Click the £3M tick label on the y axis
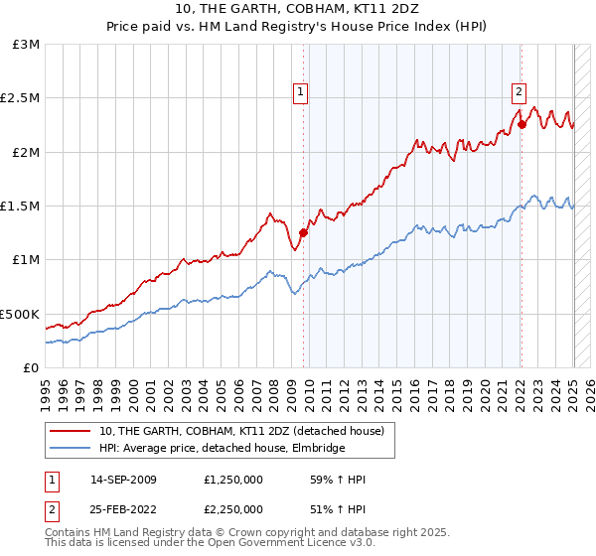click(x=27, y=45)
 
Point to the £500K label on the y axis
click(x=20, y=314)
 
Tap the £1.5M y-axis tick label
click(x=21, y=206)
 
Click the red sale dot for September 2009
click(x=303, y=232)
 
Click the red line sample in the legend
click(x=70, y=431)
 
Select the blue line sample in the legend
click(x=70, y=448)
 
